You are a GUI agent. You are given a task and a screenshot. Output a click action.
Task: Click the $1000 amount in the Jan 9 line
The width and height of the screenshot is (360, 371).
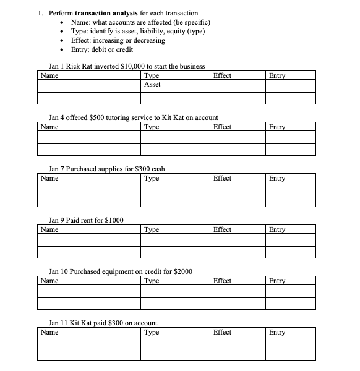pyautogui.click(x=114, y=220)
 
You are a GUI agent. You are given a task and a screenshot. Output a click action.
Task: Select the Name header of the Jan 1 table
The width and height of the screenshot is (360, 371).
pyautogui.click(x=49, y=75)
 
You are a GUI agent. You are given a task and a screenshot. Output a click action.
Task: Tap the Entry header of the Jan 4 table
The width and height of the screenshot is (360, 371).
pyautogui.click(x=277, y=127)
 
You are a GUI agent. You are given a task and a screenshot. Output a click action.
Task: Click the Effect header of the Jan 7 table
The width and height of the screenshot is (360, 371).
pyautogui.click(x=222, y=178)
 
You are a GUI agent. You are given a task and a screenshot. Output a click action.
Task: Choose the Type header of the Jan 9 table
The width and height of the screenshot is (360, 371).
pyautogui.click(x=151, y=229)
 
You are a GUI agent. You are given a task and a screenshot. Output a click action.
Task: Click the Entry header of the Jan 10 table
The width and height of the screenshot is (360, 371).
pyautogui.click(x=277, y=281)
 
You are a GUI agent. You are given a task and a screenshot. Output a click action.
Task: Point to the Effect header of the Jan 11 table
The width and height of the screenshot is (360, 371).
pyautogui.click(x=222, y=332)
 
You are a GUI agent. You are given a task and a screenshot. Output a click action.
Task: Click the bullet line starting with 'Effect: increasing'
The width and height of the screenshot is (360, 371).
pyautogui.click(x=118, y=40)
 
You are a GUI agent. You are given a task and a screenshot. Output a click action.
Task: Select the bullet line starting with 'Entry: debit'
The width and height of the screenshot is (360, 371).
pyautogui.click(x=102, y=49)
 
